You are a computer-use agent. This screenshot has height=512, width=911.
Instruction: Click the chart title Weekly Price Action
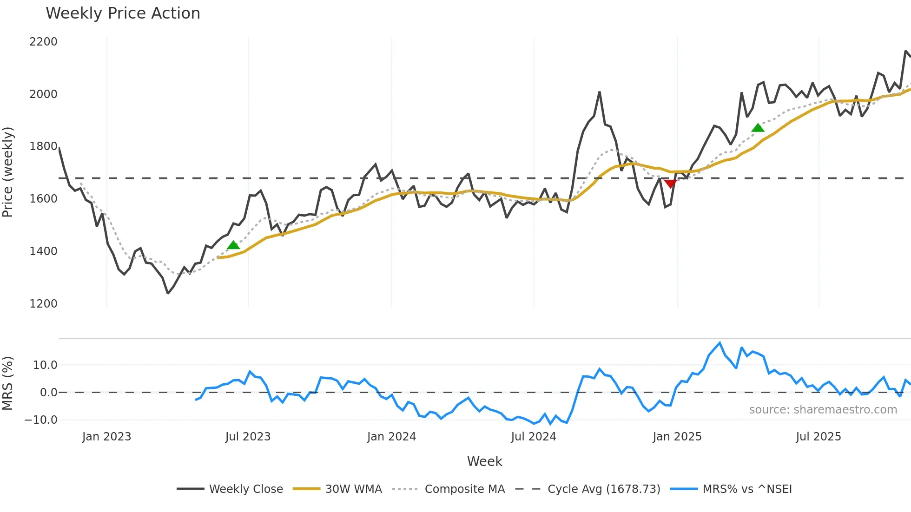(x=123, y=13)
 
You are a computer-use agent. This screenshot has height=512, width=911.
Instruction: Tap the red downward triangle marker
(x=670, y=184)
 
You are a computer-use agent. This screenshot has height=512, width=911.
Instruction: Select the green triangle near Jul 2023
(x=233, y=245)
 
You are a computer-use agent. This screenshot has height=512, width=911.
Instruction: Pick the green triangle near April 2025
(x=758, y=128)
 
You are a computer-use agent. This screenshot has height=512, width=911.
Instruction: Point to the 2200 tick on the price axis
(x=43, y=42)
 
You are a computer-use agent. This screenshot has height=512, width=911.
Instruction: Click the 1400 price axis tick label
(x=43, y=251)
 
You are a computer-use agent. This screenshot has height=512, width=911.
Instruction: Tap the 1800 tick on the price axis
(x=43, y=146)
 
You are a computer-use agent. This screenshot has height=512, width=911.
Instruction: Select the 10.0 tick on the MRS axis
(x=45, y=365)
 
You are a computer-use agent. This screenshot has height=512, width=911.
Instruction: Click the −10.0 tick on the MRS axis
(x=41, y=420)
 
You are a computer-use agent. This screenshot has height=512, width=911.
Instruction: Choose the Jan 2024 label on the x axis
(x=391, y=437)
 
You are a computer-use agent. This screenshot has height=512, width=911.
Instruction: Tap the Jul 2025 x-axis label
(x=818, y=437)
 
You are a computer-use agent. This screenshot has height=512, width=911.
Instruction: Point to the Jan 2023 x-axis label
(x=106, y=437)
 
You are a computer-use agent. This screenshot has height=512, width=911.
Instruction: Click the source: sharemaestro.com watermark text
(x=823, y=410)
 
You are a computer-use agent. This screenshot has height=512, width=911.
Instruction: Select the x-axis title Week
(x=484, y=461)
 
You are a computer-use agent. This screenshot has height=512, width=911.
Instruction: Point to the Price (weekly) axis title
(x=8, y=172)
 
